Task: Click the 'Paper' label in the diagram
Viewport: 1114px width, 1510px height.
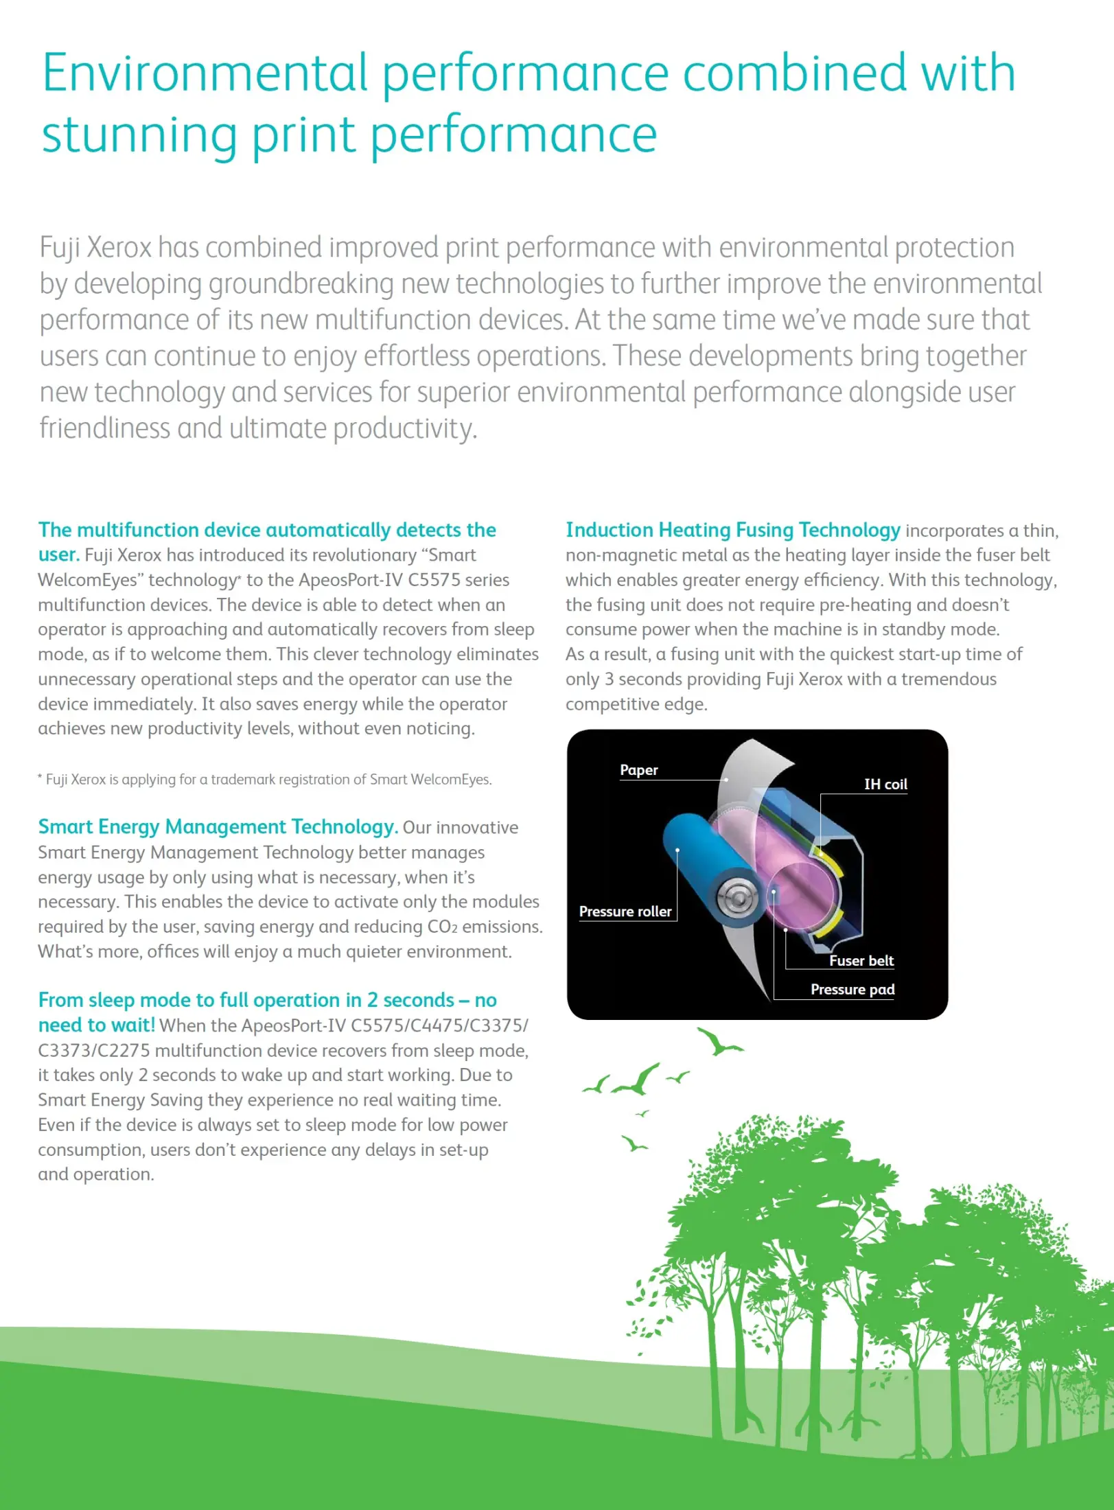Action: point(638,770)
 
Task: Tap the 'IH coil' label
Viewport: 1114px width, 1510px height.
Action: point(885,785)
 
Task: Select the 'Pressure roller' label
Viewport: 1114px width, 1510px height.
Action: point(625,911)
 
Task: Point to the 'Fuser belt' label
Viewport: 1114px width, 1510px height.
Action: point(861,961)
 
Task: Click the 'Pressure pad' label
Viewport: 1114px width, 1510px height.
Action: point(852,990)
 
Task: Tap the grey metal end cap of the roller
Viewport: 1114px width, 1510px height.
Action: point(736,896)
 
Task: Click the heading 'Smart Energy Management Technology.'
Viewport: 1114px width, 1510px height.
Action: point(218,827)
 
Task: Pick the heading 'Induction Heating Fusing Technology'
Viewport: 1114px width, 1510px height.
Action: point(732,530)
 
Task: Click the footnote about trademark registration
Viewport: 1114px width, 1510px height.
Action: point(265,780)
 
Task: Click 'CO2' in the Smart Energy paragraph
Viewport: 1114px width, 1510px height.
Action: point(442,927)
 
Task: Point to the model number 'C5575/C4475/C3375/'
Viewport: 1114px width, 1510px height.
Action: point(439,1026)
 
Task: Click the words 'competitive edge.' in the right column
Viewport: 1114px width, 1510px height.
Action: point(636,705)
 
